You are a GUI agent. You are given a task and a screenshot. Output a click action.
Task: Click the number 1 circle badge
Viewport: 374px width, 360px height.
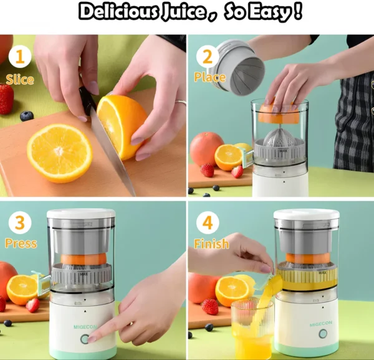[x=19, y=57]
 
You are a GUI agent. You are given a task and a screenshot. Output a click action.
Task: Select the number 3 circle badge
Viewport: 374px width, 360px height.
[x=19, y=223]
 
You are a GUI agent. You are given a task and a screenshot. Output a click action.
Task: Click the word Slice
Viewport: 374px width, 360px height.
[x=19, y=79]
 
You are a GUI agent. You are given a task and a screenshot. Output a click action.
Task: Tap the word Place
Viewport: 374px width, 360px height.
[x=209, y=78]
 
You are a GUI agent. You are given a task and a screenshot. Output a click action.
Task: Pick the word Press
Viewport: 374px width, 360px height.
[x=21, y=244]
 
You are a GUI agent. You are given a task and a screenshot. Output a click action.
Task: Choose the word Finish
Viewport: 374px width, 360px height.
[x=211, y=244]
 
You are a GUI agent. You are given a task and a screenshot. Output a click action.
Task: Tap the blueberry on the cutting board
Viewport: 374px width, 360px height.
[x=26, y=116]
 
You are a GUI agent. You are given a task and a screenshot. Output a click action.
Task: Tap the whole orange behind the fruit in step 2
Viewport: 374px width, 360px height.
[x=205, y=148]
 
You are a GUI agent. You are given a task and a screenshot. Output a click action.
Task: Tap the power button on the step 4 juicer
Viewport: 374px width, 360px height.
[x=323, y=334]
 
